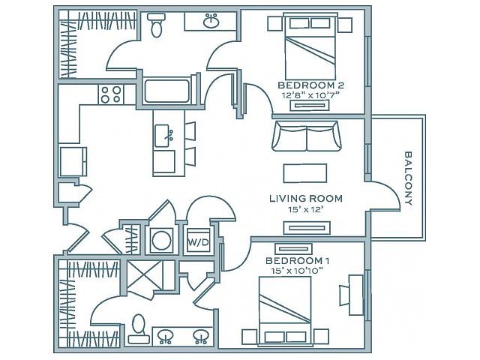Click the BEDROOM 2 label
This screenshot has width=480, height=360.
point(311,85)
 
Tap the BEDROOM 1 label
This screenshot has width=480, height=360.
point(297,261)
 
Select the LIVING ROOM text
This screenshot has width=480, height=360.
point(306,198)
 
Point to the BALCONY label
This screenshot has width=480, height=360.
point(408,178)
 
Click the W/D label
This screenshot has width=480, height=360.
point(198,243)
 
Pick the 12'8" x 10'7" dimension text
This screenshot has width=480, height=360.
point(310,95)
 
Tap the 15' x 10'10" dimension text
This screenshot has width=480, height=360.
point(297,271)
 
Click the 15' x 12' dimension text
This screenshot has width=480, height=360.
point(306,209)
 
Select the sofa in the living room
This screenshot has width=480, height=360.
point(307,136)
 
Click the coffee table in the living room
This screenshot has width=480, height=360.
point(305,173)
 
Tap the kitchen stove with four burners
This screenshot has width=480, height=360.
point(111,94)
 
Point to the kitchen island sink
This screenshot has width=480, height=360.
point(163,136)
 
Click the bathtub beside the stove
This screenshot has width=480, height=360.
point(167,91)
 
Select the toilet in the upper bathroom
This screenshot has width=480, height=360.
point(157,25)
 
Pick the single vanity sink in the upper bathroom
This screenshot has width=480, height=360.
point(211,22)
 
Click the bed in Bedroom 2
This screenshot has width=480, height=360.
point(310,46)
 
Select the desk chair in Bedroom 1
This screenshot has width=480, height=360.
point(344,295)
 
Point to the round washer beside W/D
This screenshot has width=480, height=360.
point(161,240)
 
